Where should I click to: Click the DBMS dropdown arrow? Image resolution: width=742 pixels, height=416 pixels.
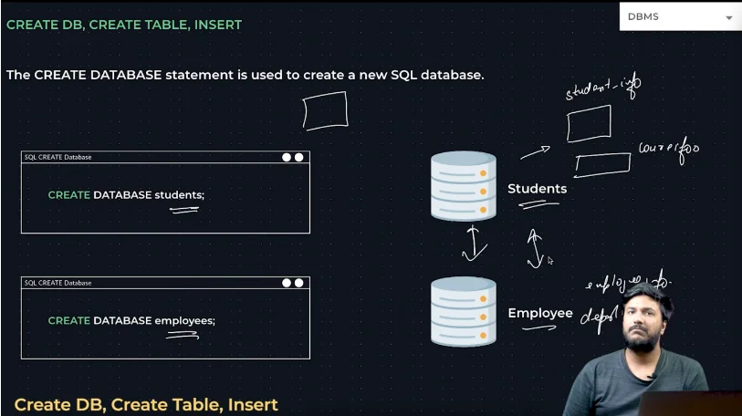728,17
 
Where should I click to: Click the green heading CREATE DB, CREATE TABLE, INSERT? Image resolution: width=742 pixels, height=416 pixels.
124,25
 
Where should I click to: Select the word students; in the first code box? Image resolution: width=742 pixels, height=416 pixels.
180,195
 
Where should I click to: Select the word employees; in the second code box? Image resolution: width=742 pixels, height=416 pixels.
185,320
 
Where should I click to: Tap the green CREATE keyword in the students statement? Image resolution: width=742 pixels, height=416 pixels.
69,195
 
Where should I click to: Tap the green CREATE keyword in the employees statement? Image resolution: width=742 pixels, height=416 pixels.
69,320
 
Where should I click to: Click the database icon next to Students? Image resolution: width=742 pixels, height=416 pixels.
464,187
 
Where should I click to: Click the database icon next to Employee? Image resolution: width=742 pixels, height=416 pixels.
464,312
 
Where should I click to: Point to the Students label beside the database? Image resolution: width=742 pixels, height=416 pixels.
537,189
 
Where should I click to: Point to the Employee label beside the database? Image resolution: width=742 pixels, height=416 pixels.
540,314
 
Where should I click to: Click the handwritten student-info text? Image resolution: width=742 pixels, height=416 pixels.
602,88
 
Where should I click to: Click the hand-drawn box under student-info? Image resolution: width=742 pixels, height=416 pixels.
589,124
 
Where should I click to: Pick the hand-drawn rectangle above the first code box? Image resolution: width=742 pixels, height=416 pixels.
325,111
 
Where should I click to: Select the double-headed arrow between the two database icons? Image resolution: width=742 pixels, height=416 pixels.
472,244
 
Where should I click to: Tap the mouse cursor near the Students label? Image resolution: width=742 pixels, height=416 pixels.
550,260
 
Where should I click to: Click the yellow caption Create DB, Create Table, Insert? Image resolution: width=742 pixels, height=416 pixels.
146,404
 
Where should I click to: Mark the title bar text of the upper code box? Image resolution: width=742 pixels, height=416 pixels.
57,157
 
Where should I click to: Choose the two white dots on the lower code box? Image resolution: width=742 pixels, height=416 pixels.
292,283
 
